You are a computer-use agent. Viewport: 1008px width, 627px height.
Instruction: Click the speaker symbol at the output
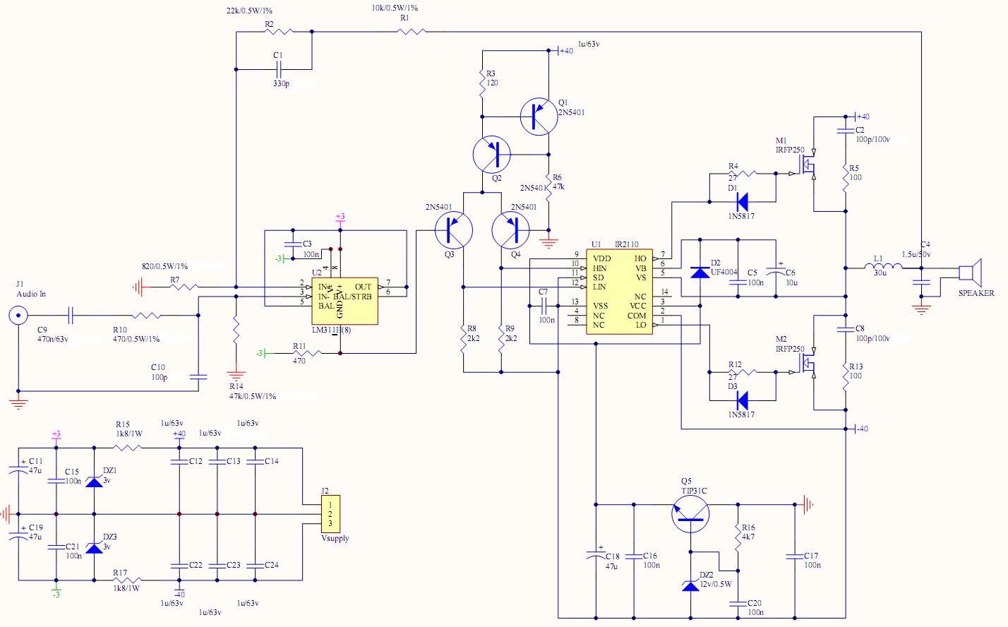(x=971, y=272)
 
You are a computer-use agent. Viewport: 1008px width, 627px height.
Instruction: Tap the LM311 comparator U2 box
(x=345, y=297)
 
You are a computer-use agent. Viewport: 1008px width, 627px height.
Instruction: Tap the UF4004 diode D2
(x=700, y=273)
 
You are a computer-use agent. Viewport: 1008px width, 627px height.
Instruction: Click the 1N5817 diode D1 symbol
(x=742, y=200)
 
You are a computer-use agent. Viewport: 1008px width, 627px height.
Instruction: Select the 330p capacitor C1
(x=278, y=69)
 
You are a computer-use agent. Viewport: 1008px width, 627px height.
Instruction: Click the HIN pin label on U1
(x=599, y=268)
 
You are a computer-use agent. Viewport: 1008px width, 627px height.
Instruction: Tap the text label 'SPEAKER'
(x=976, y=293)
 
